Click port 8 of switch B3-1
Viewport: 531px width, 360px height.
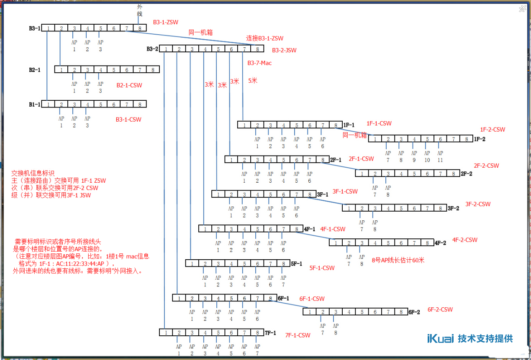tap(140, 28)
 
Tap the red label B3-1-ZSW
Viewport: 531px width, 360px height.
tap(165, 22)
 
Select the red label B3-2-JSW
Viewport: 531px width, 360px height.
tap(284, 50)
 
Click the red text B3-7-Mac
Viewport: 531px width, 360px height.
tap(259, 63)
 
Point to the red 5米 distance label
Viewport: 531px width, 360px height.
tap(252, 81)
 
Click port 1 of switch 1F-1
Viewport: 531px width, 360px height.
tap(244, 125)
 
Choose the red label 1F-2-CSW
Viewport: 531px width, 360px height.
tap(493, 130)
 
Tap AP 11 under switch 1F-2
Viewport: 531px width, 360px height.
tap(440, 156)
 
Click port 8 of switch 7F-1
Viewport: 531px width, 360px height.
tap(257, 332)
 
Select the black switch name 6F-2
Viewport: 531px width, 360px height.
tap(414, 312)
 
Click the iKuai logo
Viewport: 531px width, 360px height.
tap(440, 338)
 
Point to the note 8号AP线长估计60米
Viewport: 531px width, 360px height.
tap(398, 260)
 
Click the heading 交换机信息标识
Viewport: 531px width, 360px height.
tap(33, 173)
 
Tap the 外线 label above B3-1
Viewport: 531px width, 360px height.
tap(140, 10)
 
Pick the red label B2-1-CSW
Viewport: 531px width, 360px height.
tap(129, 85)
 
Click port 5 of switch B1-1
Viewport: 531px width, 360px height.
tap(100, 104)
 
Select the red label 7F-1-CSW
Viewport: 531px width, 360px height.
tap(298, 335)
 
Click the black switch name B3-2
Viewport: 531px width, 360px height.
tap(152, 49)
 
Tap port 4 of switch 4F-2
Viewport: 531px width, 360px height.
tap(375, 243)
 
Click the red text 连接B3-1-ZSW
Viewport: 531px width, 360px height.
tap(264, 38)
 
